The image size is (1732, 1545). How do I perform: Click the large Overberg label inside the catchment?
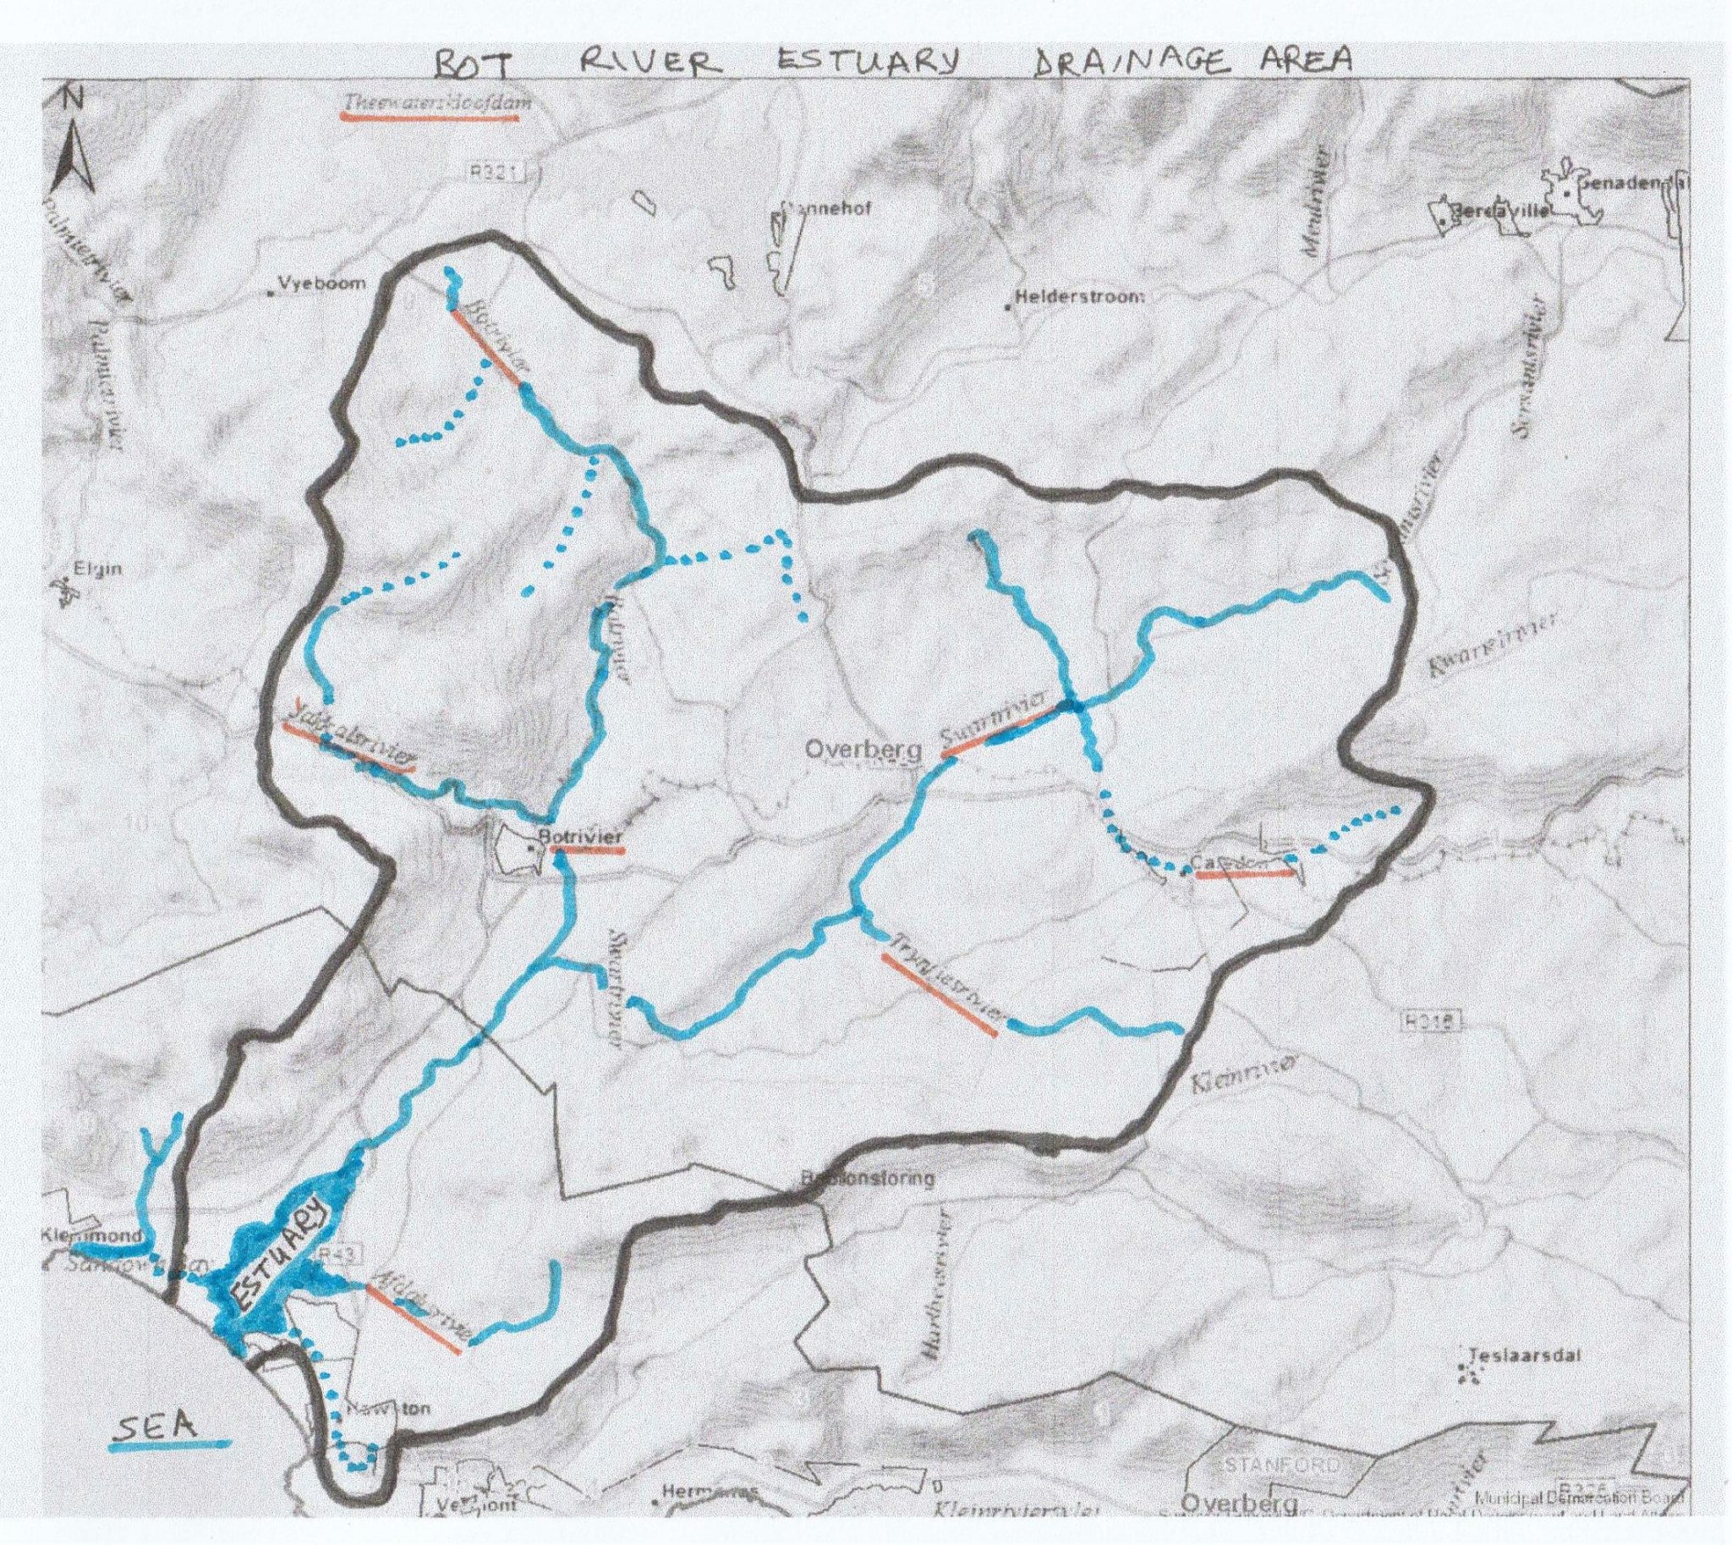(862, 750)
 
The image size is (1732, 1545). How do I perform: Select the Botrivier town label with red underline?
(586, 835)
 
